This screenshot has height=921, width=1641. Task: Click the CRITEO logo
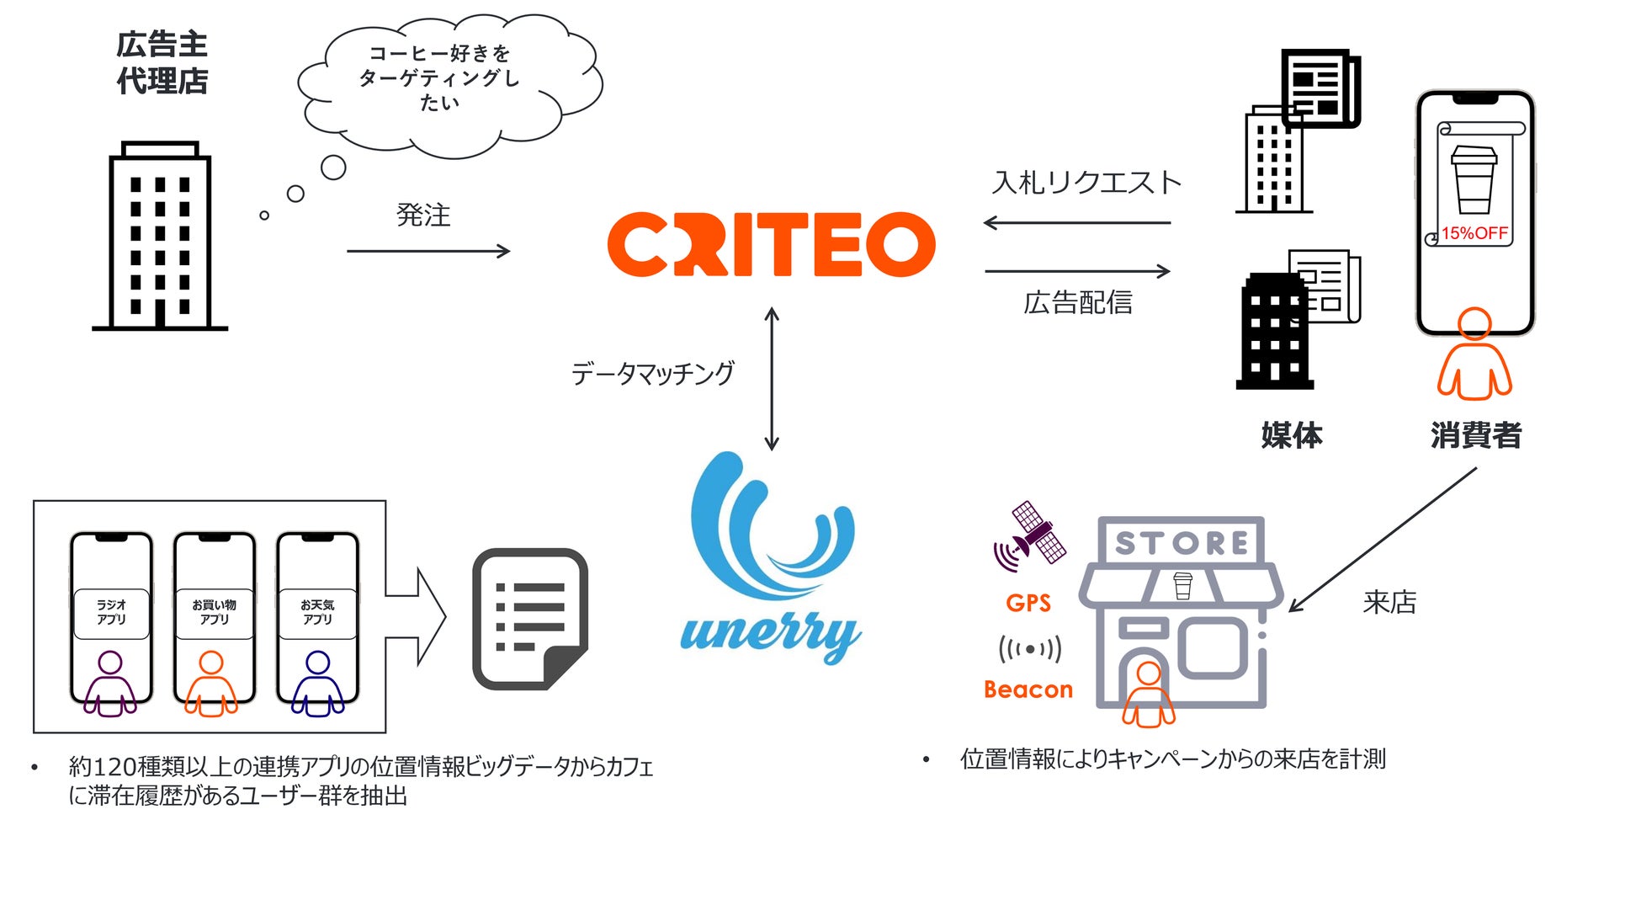pos(771,244)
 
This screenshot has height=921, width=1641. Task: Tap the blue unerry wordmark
pos(770,633)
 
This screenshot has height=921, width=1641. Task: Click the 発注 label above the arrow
pos(423,216)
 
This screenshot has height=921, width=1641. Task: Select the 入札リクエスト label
pos(1086,183)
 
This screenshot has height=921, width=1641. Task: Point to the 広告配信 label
pos(1078,302)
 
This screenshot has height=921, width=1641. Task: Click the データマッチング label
pos(652,373)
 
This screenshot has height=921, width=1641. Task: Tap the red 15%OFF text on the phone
pos(1474,233)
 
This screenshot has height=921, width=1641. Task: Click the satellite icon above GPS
pos(1029,534)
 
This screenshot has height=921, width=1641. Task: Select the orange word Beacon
pos(1028,689)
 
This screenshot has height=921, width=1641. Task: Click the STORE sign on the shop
pos(1181,542)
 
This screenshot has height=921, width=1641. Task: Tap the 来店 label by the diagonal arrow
pos(1389,603)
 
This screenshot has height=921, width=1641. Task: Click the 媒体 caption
pos(1292,435)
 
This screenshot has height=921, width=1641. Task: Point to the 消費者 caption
pos(1476,435)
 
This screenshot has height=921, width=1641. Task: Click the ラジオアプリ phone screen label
pos(111,612)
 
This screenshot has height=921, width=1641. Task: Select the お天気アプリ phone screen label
pos(317,612)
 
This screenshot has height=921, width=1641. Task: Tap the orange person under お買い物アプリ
pos(211,683)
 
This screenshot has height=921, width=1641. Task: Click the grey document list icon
pos(529,619)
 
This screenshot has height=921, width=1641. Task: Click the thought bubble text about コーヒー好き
pos(439,78)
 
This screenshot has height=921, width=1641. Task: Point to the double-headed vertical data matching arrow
pos(772,379)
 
